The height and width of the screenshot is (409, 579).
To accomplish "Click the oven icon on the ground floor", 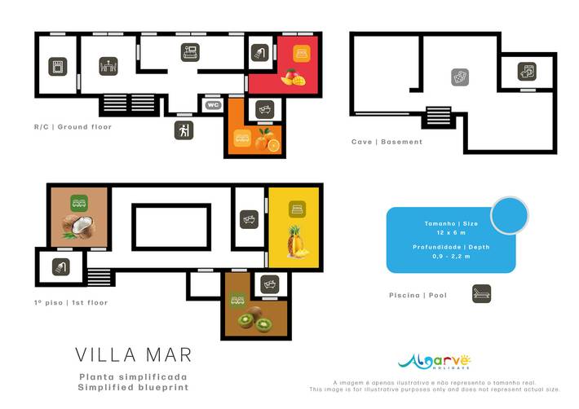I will pyautogui.click(x=57, y=67).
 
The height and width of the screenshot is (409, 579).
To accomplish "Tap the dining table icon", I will pyautogui.click(x=108, y=67).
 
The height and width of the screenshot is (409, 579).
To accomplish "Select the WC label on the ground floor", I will pyautogui.click(x=212, y=105).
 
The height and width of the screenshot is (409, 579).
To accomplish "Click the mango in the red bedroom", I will pyautogui.click(x=293, y=77).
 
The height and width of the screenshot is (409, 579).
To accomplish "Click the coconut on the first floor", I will pyautogui.click(x=78, y=226).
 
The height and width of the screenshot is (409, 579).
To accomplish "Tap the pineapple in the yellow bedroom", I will pyautogui.click(x=296, y=242).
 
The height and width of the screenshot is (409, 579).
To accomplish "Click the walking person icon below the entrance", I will pyautogui.click(x=183, y=130).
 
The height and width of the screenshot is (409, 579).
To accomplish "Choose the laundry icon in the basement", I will pyautogui.click(x=526, y=71).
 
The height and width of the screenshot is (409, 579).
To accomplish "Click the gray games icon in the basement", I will pyautogui.click(x=461, y=77).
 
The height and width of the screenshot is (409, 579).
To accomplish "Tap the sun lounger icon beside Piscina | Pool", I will pyautogui.click(x=481, y=294).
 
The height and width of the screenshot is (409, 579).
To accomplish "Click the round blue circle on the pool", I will pyautogui.click(x=510, y=216).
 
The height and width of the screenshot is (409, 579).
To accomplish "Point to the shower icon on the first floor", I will pyautogui.click(x=60, y=266).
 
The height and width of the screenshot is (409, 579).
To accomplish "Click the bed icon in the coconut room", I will pyautogui.click(x=78, y=200).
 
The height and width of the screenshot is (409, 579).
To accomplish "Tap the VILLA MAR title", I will pyautogui.click(x=134, y=355).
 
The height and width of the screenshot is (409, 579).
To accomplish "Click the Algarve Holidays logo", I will pyautogui.click(x=434, y=361).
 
